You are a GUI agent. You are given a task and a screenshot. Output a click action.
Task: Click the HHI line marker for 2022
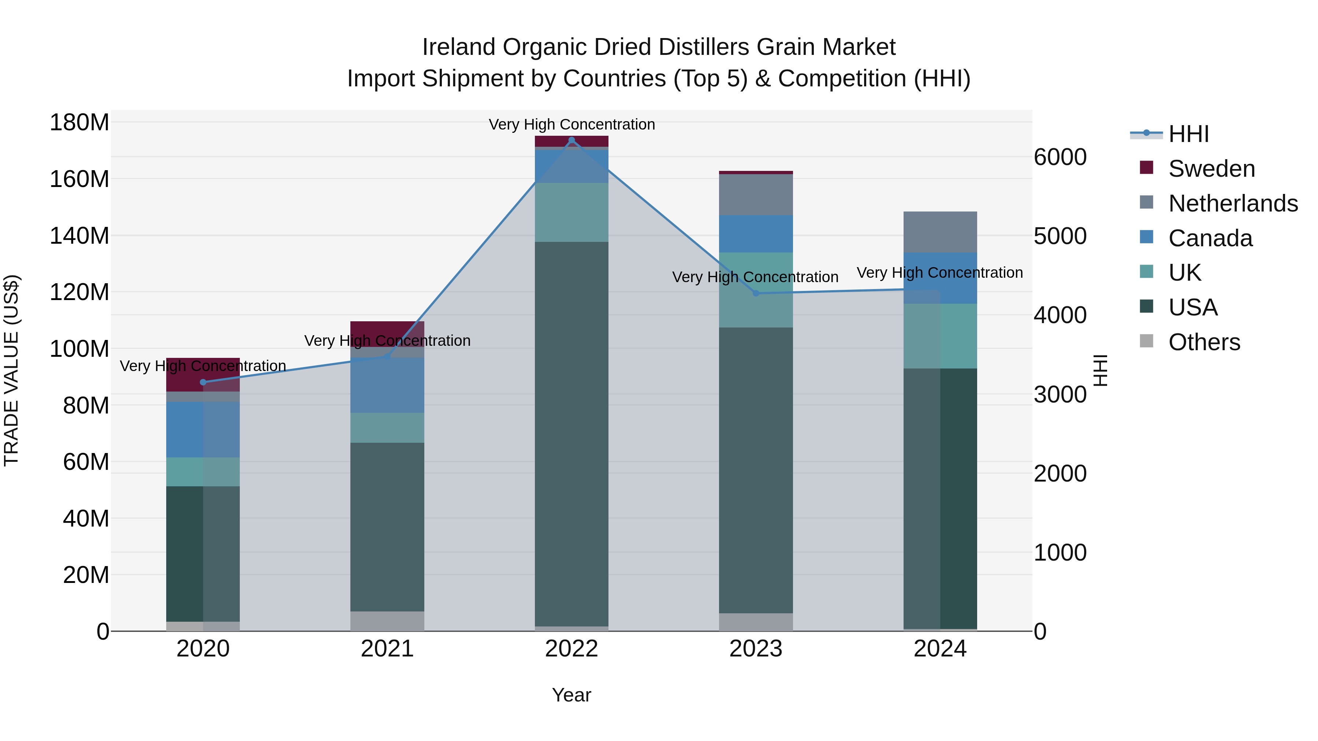click(571, 140)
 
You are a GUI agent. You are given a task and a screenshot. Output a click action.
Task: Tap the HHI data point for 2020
click(203, 382)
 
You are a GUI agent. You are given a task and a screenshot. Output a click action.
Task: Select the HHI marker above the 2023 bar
click(756, 293)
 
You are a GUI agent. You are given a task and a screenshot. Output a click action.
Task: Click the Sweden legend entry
click(1211, 169)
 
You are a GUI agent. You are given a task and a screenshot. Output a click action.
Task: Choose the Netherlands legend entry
click(1233, 203)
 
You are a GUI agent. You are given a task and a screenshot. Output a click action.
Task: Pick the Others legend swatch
click(1147, 341)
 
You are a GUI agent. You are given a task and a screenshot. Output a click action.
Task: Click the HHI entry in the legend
click(1188, 134)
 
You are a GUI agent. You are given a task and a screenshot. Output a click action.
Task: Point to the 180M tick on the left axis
click(79, 123)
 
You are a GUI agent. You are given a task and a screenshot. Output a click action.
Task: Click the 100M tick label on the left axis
click(79, 349)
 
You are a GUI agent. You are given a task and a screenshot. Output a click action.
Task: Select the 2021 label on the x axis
click(387, 649)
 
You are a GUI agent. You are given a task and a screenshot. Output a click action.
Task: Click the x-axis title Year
click(571, 695)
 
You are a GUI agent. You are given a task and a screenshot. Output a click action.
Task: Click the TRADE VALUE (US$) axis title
click(11, 370)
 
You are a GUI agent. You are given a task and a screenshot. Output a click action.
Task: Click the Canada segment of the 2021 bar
click(387, 385)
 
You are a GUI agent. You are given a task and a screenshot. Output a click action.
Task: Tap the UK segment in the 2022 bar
click(571, 212)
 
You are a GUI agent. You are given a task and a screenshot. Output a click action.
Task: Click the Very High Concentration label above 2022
click(571, 124)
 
